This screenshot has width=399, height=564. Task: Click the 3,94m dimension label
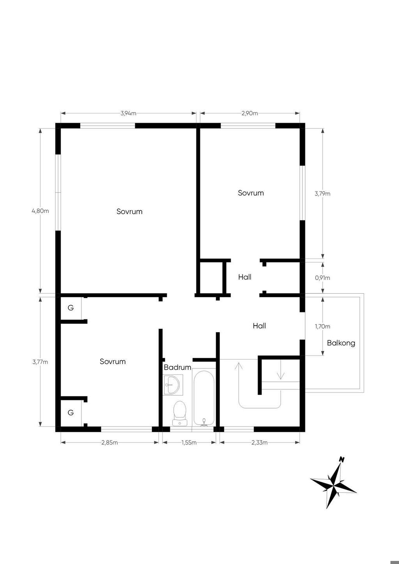tap(128, 113)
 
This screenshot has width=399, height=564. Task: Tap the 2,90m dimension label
tap(250, 113)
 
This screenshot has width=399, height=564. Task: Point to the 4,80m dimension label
tap(40, 211)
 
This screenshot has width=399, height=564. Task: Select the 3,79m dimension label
tap(322, 194)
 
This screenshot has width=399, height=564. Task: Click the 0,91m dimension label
tap(322, 278)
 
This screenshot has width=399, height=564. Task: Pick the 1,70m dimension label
tap(322, 326)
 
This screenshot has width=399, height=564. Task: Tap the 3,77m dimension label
tap(40, 362)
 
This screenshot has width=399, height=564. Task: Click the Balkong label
tap(341, 343)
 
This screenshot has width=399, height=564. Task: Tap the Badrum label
tap(177, 367)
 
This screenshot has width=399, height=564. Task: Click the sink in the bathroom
tap(173, 385)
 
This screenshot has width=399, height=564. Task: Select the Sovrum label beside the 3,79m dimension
tap(251, 193)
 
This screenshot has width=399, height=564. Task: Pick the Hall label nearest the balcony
tap(259, 326)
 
